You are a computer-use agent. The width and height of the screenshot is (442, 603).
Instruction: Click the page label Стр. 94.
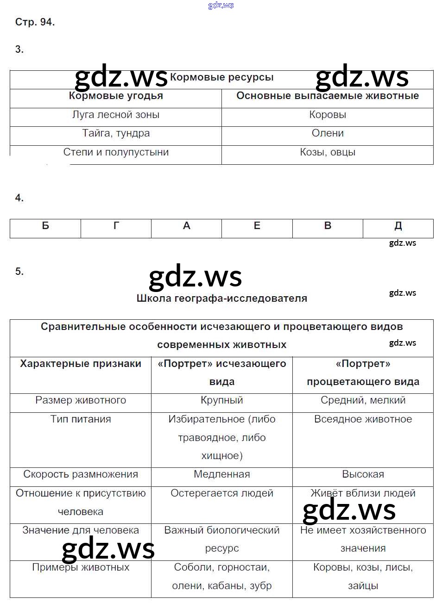point(35,22)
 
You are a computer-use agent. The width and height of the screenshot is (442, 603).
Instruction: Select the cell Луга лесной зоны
point(116,115)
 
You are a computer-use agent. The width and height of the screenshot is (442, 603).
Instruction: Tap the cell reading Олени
point(328,133)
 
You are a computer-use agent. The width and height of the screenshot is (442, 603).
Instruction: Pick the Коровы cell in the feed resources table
point(328,115)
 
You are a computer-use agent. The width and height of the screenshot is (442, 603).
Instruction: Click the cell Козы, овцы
point(328,152)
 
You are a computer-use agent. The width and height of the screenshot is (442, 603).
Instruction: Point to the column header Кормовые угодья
point(116,96)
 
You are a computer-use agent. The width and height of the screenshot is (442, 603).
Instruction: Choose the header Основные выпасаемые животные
point(328,96)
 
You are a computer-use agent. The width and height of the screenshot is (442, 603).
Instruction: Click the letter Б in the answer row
point(45,226)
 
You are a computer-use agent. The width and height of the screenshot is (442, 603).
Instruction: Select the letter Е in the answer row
point(257,226)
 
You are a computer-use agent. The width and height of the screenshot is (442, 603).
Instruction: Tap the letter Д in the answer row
point(398,226)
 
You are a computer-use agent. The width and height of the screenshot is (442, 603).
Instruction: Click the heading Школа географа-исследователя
point(221,298)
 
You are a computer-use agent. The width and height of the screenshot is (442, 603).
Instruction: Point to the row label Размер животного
point(81,400)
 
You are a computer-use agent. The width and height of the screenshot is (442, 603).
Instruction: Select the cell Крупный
point(221,400)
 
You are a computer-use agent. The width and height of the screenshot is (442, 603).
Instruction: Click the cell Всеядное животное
point(363,419)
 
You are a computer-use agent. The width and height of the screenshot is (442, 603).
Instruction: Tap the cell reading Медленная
point(221,474)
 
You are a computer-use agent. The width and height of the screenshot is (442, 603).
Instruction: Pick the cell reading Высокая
point(363,474)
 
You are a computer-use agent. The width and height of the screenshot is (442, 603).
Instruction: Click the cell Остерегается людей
point(221,493)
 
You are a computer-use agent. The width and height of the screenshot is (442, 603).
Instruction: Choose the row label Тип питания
point(81,419)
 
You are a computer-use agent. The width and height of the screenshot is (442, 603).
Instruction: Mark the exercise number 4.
point(19,198)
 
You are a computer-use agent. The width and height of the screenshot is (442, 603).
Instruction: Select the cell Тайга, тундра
point(116,133)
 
